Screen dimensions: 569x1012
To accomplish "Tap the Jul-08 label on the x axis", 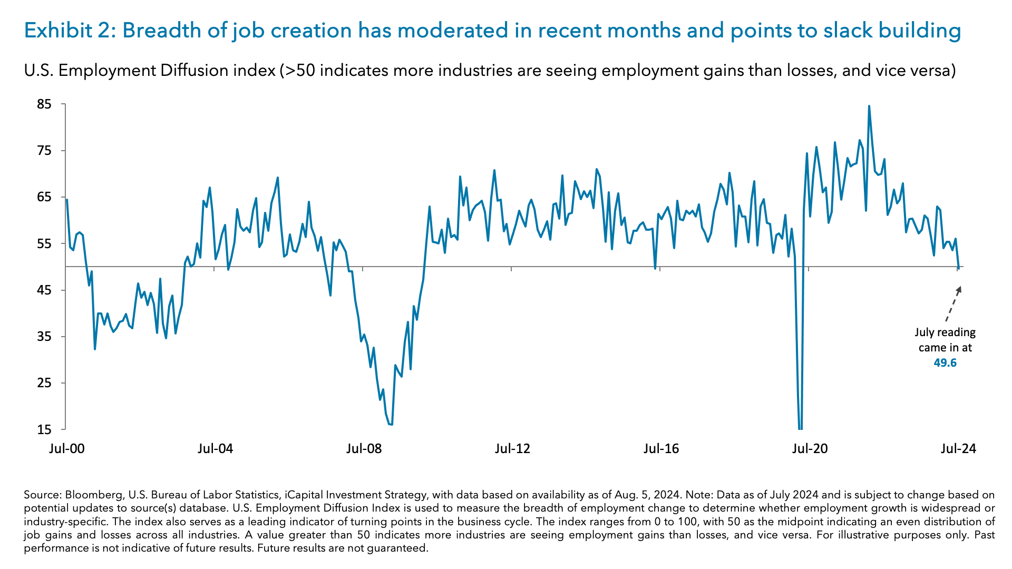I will [364, 449].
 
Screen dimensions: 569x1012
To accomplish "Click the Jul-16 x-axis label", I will [661, 449].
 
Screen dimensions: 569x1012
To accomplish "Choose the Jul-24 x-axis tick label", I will [958, 449].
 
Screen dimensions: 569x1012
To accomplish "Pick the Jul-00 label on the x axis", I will [67, 449].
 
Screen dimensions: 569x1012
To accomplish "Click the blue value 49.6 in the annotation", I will [945, 363].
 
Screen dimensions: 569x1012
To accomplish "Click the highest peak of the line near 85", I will [869, 106].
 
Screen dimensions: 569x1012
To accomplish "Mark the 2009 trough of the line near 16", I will [391, 424].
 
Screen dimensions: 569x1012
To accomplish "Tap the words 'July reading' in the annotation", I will [945, 332].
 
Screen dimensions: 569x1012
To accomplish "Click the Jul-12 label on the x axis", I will [512, 449].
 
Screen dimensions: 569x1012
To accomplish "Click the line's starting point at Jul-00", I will [67, 200].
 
